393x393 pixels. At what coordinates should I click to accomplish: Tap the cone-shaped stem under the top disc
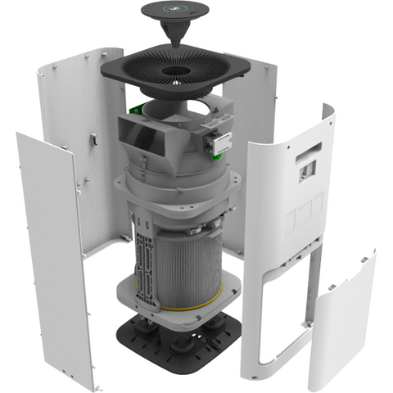[x=182, y=36]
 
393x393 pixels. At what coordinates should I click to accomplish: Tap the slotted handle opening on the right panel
[x=310, y=151]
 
